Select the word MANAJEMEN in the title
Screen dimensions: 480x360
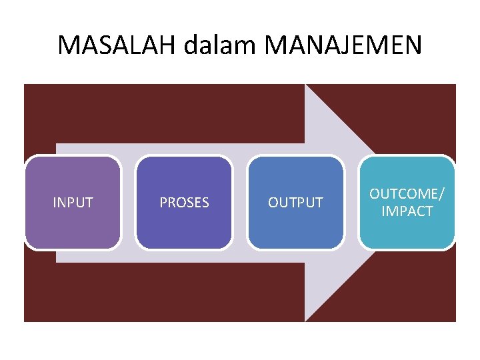[x=343, y=45]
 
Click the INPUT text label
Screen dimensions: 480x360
[x=73, y=203]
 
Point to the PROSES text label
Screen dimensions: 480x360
[x=184, y=203]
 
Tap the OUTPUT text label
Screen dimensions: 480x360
[x=295, y=203]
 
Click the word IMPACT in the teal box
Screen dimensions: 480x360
[x=407, y=212]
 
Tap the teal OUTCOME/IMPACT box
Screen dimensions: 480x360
[x=407, y=233]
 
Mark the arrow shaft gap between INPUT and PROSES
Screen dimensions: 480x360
[x=129, y=203]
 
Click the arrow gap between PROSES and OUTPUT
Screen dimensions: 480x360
[x=240, y=203]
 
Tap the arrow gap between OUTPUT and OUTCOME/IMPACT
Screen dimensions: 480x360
[x=351, y=203]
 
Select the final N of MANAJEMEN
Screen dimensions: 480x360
[x=413, y=45]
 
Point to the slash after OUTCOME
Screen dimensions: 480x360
[x=441, y=194]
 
